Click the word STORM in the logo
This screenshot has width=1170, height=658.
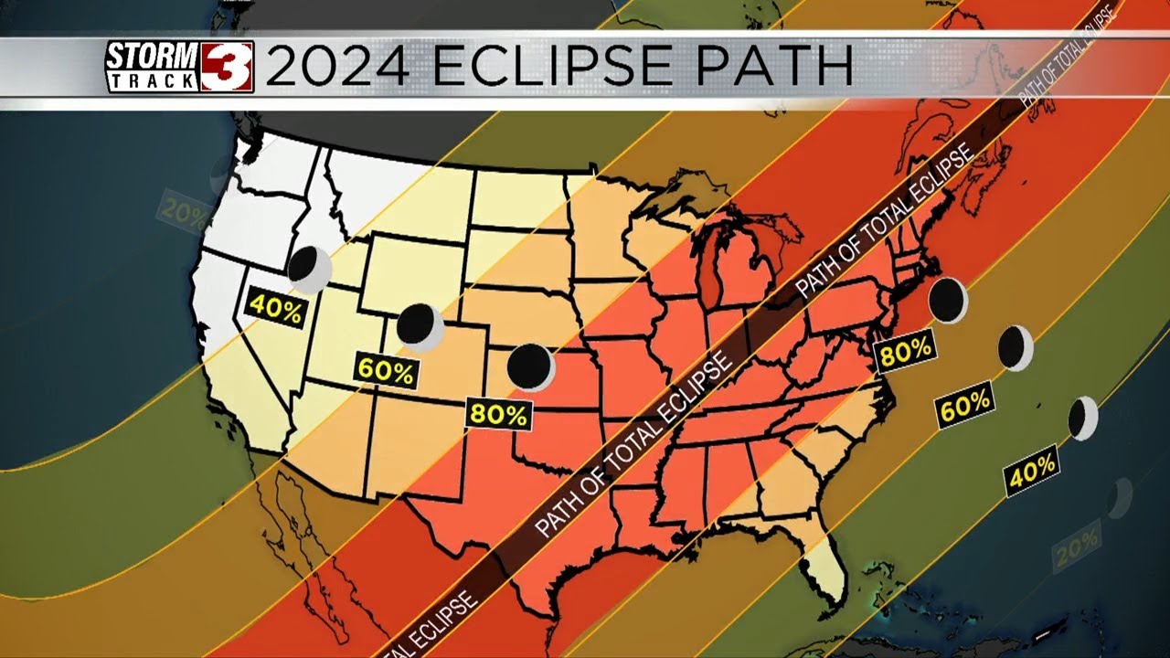click(x=152, y=57)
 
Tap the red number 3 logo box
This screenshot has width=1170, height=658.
click(x=227, y=67)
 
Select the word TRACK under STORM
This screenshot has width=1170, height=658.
click(x=152, y=80)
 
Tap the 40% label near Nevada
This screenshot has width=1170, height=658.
click(x=275, y=311)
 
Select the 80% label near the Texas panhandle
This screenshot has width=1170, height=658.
click(x=498, y=414)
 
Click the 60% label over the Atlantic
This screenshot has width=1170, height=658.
click(x=965, y=405)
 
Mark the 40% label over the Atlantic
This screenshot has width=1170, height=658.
click(x=1032, y=470)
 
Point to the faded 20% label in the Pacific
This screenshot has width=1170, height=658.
click(x=183, y=210)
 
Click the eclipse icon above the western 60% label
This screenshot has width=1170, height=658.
click(x=420, y=326)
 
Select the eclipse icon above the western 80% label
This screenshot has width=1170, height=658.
click(x=530, y=366)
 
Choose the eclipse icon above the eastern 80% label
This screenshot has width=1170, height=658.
click(x=948, y=301)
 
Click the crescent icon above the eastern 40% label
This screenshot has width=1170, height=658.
click(x=1083, y=419)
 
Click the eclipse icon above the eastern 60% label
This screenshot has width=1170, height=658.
click(x=1015, y=348)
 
